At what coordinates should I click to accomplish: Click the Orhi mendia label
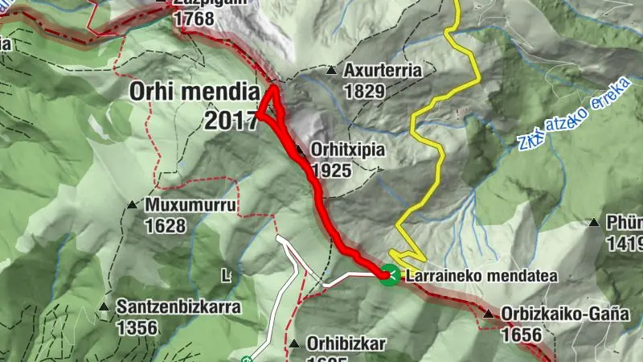(196, 92)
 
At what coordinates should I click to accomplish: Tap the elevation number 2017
(231, 120)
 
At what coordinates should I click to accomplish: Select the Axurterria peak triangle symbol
(330, 71)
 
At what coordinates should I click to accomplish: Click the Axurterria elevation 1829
(364, 91)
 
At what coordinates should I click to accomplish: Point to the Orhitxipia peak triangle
(299, 150)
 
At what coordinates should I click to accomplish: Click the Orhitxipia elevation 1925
(334, 171)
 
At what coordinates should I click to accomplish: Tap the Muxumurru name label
(190, 205)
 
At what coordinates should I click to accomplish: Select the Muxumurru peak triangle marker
(133, 204)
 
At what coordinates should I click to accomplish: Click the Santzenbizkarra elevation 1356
(138, 327)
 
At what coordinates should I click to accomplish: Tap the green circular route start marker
(389, 275)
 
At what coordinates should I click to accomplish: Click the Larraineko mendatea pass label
(481, 276)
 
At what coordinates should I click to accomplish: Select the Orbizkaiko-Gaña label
(565, 315)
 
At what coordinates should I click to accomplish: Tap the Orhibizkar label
(346, 343)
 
